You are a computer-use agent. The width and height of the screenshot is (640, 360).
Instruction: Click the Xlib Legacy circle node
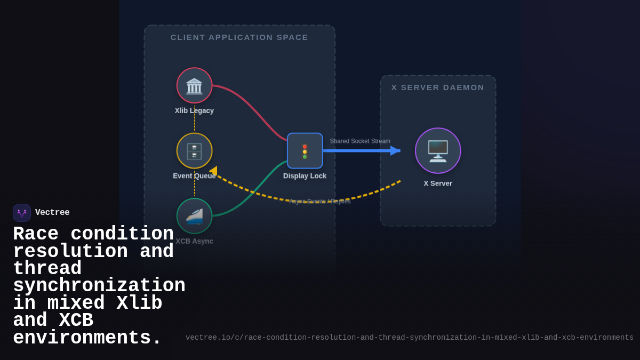click(x=194, y=85)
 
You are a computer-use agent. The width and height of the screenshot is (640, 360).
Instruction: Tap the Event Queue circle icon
click(x=194, y=151)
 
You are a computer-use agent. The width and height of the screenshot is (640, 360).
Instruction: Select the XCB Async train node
click(x=194, y=216)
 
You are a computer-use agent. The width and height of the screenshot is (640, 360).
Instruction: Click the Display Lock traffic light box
click(x=305, y=151)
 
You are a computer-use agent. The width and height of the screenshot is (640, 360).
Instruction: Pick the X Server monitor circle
click(x=438, y=151)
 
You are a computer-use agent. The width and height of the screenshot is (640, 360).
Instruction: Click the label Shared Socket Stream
click(x=360, y=141)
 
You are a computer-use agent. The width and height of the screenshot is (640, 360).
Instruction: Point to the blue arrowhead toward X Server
click(x=395, y=151)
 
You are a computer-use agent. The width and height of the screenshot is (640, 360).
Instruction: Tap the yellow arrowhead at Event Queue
click(x=213, y=171)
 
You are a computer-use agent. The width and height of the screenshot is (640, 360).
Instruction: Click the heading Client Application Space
click(x=239, y=37)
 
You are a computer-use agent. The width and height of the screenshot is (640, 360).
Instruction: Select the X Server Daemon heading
click(x=438, y=87)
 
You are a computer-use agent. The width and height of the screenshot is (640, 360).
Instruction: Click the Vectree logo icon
click(x=22, y=213)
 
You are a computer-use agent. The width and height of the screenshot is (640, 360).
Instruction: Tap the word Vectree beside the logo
click(x=52, y=213)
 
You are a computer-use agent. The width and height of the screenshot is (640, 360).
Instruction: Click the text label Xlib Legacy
click(x=194, y=110)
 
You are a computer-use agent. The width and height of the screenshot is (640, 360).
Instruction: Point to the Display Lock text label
click(x=305, y=176)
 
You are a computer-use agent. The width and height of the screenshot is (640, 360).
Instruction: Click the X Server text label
click(x=438, y=183)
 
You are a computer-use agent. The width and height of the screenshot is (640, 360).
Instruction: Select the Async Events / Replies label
click(x=320, y=202)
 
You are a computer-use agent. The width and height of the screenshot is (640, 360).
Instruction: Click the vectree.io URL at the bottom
click(x=409, y=338)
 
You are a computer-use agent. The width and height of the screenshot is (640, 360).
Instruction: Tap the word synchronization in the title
click(x=99, y=286)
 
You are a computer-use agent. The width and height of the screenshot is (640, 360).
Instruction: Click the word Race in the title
click(x=35, y=234)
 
